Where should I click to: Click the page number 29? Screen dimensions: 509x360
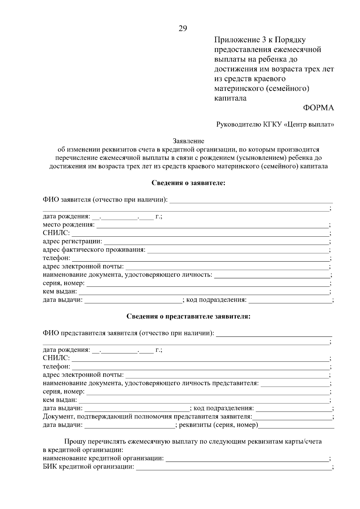[183, 28]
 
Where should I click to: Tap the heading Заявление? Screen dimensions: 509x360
[188, 141]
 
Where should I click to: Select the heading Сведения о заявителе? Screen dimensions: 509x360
[188, 183]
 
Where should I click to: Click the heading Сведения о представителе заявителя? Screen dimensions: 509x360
[188, 316]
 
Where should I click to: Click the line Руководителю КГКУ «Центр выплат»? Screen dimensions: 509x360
[275, 124]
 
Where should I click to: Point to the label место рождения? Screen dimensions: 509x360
[69, 225]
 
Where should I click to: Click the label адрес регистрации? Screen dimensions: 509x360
[72, 241]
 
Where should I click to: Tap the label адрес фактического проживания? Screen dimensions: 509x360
[94, 250]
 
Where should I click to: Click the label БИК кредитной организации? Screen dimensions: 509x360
[88, 467]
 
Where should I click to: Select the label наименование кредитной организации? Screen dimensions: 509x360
[103, 459]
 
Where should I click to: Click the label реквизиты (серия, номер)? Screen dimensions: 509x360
[218, 425]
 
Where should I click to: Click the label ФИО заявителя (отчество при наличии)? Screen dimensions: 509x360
[106, 200]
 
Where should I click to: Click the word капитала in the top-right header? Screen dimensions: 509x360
[230, 98]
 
